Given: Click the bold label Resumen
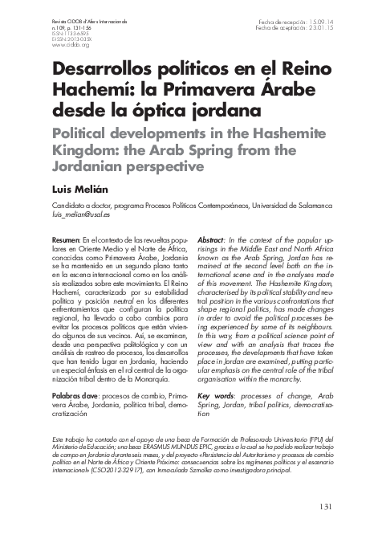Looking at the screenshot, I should [64, 240].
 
